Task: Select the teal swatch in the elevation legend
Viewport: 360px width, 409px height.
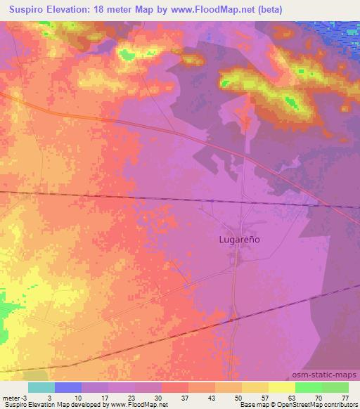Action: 41,387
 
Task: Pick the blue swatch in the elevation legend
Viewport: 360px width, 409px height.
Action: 68,387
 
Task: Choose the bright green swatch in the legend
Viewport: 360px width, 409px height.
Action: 308,387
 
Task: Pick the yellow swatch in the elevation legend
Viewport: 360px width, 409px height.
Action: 281,387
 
